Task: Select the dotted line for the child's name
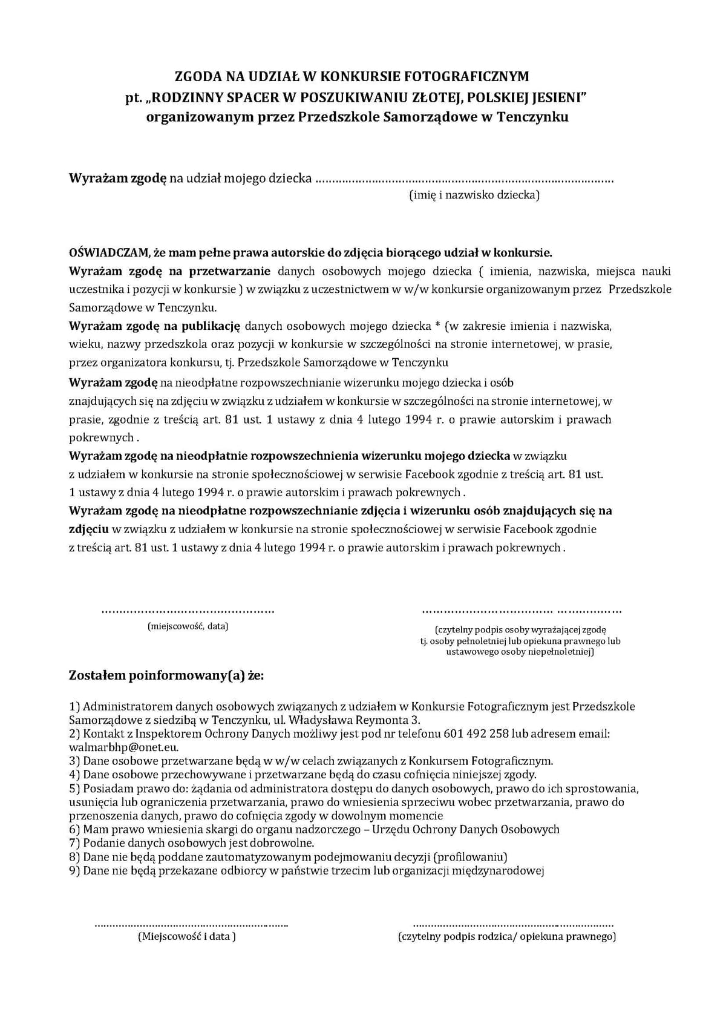[464, 179]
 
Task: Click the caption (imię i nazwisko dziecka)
[474, 195]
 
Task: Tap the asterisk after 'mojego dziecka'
[437, 326]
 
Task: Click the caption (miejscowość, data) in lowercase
[188, 626]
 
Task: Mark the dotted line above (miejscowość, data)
[188, 612]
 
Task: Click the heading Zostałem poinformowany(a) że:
[166, 675]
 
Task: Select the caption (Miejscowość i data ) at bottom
[187, 936]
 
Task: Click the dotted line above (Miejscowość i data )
[191, 925]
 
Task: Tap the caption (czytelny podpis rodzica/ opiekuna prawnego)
[507, 936]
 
